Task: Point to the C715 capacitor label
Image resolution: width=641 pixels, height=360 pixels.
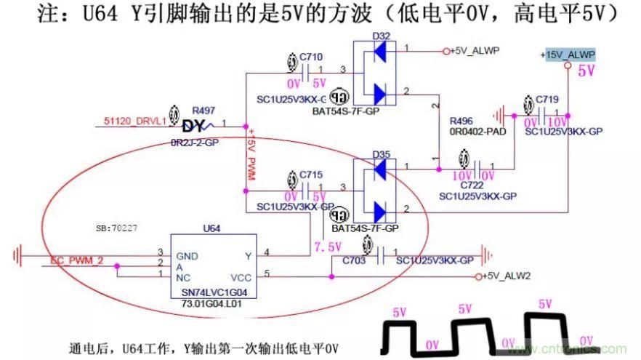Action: point(310,175)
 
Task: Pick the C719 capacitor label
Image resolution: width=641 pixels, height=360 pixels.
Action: point(547,98)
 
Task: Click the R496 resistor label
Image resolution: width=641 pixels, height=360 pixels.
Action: point(462,120)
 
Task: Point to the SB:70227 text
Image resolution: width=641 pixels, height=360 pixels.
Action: point(117,228)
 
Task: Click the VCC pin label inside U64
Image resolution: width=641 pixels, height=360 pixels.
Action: point(241,277)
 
